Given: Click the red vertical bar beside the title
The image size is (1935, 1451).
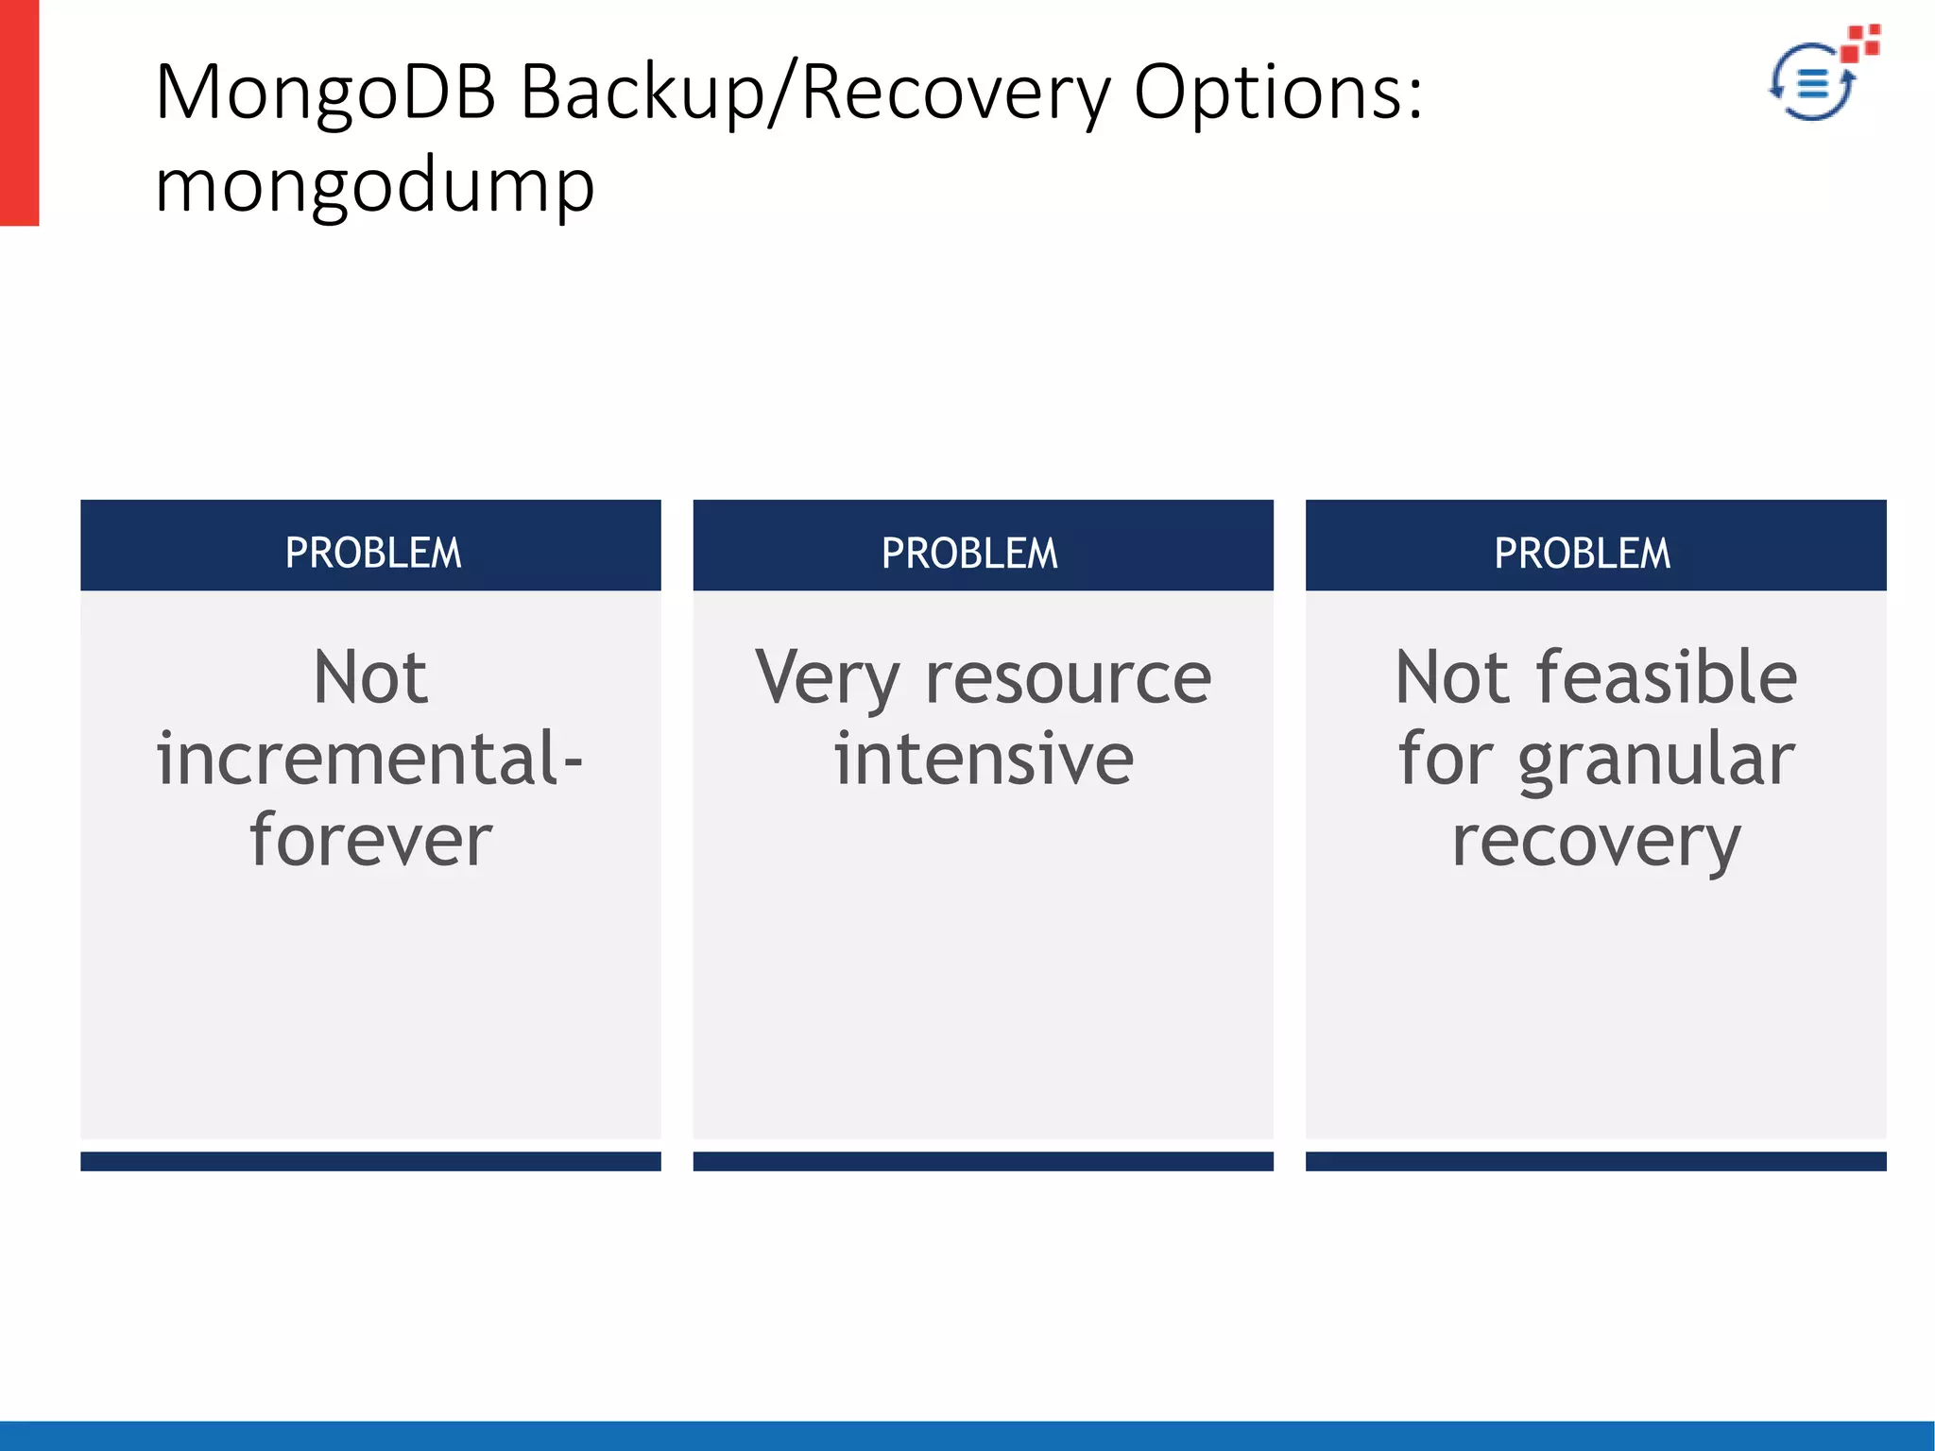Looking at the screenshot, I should (19, 112).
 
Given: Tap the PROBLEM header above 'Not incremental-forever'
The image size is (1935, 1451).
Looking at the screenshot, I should (372, 553).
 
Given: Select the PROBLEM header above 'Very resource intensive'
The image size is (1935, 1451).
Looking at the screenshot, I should (969, 553).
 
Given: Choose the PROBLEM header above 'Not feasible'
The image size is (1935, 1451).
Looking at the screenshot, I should (1582, 553).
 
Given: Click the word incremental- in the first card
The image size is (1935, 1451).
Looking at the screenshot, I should (369, 760).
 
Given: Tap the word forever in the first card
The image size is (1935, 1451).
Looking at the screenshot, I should (370, 840).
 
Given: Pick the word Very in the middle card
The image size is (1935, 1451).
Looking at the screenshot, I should (826, 679).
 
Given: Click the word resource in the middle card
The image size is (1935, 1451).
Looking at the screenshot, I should (1068, 679).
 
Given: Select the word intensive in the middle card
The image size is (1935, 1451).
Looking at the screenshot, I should (983, 760).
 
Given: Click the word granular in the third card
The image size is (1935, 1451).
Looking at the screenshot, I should (1655, 760).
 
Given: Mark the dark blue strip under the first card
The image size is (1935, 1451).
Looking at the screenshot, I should (370, 1161).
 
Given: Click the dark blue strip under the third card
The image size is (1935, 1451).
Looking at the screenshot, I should (1595, 1161).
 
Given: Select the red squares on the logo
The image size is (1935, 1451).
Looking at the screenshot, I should (1861, 42).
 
